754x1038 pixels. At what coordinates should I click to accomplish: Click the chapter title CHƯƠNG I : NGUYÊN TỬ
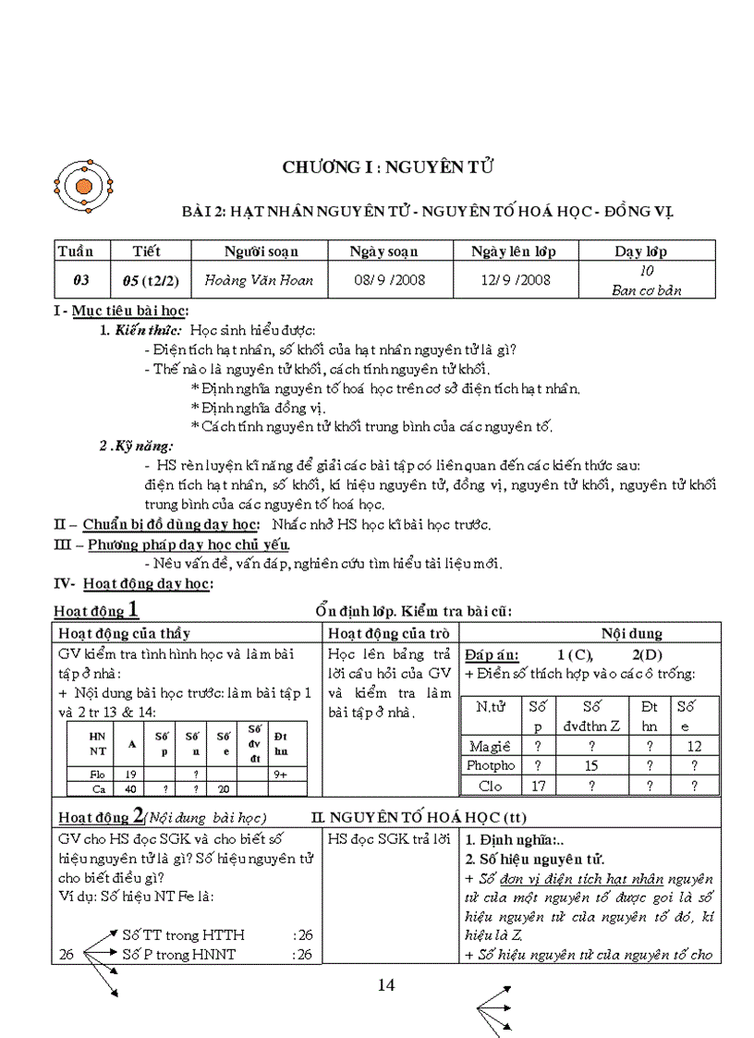tap(388, 167)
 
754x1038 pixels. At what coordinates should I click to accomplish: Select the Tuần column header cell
tap(81, 251)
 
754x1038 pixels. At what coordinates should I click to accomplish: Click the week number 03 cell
tap(81, 280)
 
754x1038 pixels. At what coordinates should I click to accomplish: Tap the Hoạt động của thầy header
tap(125, 633)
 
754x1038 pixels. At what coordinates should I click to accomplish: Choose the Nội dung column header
tap(632, 633)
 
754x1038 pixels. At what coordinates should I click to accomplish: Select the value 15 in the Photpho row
tap(590, 765)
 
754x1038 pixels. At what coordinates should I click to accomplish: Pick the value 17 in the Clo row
tap(537, 786)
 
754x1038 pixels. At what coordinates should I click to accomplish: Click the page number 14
tap(386, 985)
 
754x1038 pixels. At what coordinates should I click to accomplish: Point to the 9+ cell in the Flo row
tap(281, 774)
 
